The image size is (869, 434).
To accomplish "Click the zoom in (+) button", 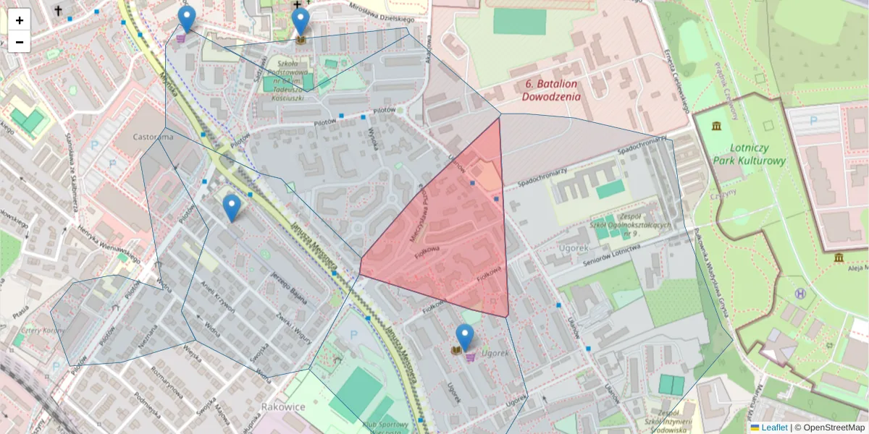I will point(19,20).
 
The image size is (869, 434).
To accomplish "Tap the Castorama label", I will point(154,136).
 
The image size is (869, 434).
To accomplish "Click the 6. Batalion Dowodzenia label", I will point(551,90).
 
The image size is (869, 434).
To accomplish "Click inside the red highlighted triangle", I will point(456,239).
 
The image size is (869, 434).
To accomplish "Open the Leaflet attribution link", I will point(773,427).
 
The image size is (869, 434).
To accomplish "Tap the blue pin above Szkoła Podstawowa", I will point(301,21).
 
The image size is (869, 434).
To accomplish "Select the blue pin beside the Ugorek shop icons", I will point(465,338).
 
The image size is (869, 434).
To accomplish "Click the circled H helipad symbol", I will point(800,294).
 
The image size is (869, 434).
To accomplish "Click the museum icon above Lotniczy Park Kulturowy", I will point(716,127).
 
